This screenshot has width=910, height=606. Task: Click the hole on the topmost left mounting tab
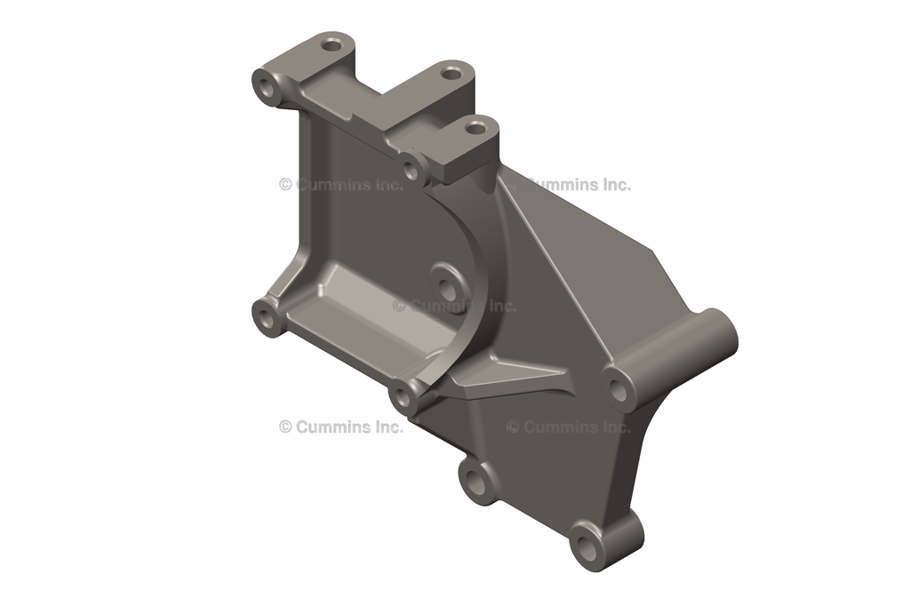(x=332, y=43)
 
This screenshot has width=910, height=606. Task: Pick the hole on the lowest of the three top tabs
(x=476, y=128)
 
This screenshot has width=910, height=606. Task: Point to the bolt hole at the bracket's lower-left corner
(x=266, y=315)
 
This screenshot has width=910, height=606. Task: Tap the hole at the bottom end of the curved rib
(x=403, y=396)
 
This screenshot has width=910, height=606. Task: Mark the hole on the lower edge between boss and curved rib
(x=477, y=483)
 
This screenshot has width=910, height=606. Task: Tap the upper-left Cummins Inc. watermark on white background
(x=341, y=185)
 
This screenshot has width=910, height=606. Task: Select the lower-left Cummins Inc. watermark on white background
(x=341, y=427)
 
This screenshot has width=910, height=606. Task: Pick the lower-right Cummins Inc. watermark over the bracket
(x=569, y=427)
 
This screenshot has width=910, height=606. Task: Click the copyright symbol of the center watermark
(x=399, y=306)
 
